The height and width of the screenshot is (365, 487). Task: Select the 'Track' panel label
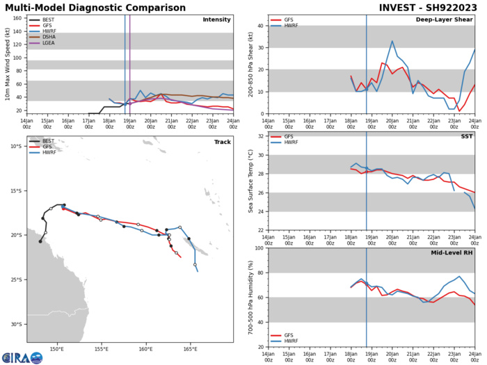[x=222, y=161]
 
